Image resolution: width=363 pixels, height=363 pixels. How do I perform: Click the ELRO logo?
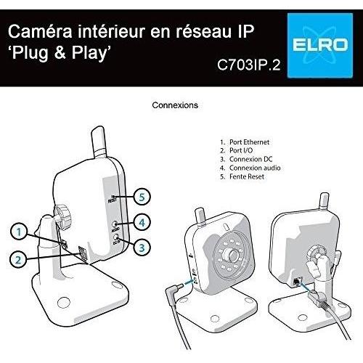[x=320, y=46]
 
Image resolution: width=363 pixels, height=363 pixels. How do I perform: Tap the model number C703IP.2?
[x=248, y=65]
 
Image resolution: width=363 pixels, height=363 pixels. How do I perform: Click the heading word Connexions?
[x=175, y=105]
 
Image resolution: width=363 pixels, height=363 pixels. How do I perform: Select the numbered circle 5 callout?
[x=142, y=197]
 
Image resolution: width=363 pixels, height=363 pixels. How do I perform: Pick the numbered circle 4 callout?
[x=142, y=222]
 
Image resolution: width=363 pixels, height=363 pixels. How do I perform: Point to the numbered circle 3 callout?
[x=142, y=248]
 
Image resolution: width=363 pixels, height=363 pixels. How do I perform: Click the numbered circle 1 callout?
[x=19, y=232]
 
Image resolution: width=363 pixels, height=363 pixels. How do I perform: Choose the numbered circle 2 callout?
[x=18, y=260]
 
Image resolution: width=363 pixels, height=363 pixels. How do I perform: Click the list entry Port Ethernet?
[x=249, y=142]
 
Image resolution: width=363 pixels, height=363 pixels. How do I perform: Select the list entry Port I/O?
[x=241, y=150]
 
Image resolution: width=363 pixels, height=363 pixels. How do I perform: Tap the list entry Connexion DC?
[x=251, y=159]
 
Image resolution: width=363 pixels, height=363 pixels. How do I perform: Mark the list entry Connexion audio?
[x=255, y=168]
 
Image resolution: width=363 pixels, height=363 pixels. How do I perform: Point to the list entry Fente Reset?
[x=247, y=176]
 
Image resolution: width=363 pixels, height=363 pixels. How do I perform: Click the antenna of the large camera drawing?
[x=99, y=142]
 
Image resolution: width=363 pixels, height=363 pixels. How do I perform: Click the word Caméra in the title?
[x=40, y=31]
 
